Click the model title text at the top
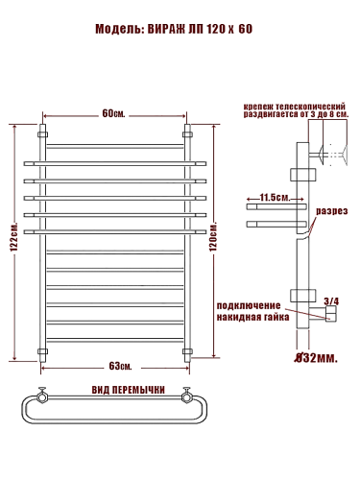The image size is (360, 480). [174, 29]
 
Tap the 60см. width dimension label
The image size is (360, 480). [113, 113]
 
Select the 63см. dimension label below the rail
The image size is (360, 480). [120, 366]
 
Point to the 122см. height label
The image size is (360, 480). [14, 236]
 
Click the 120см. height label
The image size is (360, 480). [213, 236]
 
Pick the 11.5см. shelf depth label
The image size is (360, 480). [275, 197]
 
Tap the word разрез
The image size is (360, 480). [332, 211]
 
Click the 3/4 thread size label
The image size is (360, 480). [331, 301]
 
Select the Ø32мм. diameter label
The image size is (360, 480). [316, 358]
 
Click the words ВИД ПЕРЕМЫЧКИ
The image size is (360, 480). [129, 390]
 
